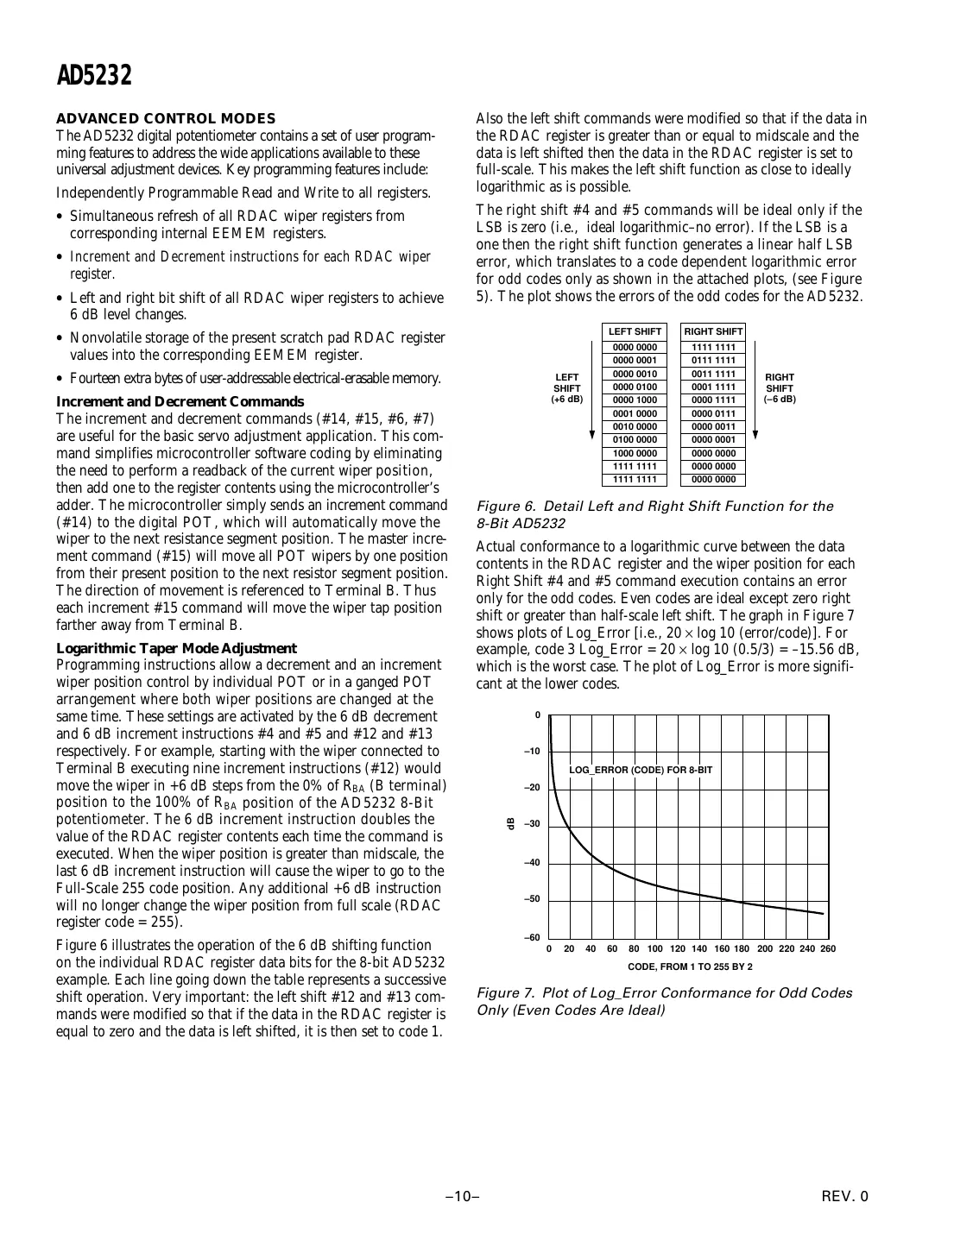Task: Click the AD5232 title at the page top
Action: (94, 76)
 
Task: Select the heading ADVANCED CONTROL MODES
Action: (166, 118)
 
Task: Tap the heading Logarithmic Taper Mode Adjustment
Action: (176, 648)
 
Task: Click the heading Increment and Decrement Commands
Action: (180, 401)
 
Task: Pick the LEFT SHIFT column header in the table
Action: (635, 331)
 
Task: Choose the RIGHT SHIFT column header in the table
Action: (713, 331)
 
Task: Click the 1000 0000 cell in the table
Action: (635, 453)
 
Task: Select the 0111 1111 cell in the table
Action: (713, 361)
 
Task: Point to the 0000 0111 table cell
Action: (713, 413)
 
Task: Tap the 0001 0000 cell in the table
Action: (635, 413)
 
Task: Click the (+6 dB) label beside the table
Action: (566, 400)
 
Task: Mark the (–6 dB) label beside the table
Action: (780, 400)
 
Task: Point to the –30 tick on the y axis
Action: (532, 824)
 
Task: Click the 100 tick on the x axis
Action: (655, 949)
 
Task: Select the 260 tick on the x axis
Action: (828, 949)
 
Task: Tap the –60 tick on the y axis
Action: (532, 937)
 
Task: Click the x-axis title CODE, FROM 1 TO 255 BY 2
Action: (689, 966)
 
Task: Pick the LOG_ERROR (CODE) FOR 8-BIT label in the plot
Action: (641, 770)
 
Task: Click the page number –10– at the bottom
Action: (463, 1196)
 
